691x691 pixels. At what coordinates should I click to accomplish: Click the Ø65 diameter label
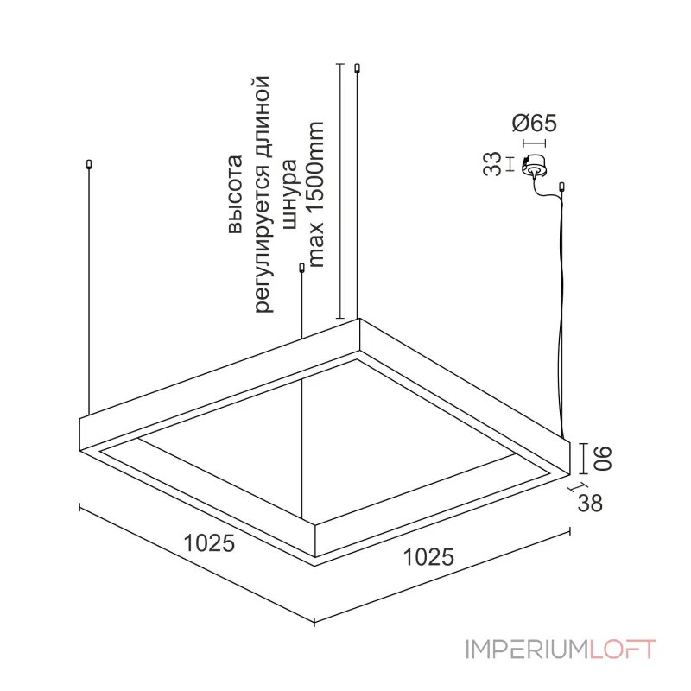[x=534, y=123]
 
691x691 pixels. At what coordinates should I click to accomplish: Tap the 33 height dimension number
[x=492, y=164]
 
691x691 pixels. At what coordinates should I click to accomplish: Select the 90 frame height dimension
[x=603, y=459]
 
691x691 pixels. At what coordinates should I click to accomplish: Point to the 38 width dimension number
[x=590, y=503]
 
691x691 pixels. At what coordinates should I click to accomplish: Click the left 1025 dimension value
[x=209, y=543]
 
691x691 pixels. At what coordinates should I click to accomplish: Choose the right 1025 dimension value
[x=428, y=557]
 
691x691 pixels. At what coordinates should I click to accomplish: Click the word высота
[x=235, y=193]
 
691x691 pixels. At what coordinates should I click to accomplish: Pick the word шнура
[x=291, y=194]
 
